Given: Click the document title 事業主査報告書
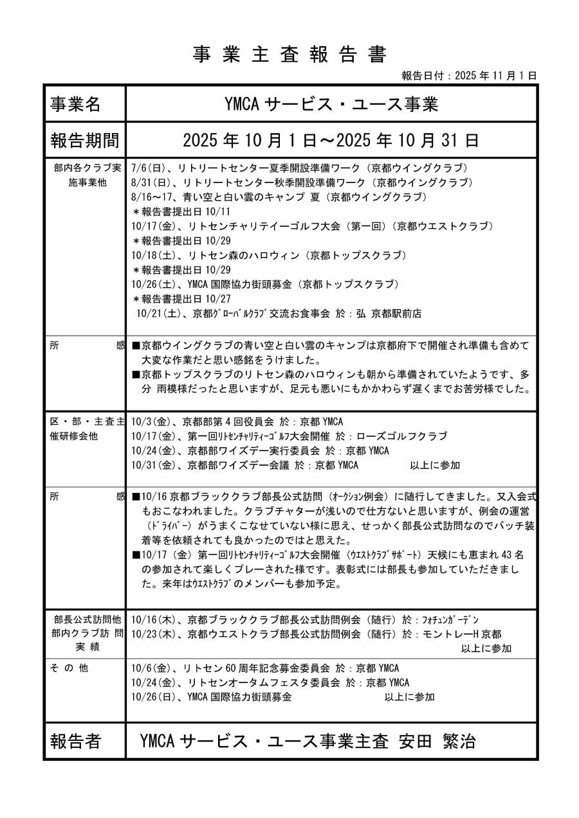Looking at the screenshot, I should [x=289, y=55].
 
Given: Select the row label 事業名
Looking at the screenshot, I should [x=75, y=103].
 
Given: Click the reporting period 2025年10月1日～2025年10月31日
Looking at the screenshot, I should [x=331, y=139].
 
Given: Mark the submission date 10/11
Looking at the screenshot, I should [x=218, y=211].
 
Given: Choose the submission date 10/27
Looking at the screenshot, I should [x=218, y=299].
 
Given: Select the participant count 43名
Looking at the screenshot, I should [x=511, y=555].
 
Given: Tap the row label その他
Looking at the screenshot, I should [x=69, y=668].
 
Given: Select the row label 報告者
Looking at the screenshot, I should [x=75, y=742].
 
